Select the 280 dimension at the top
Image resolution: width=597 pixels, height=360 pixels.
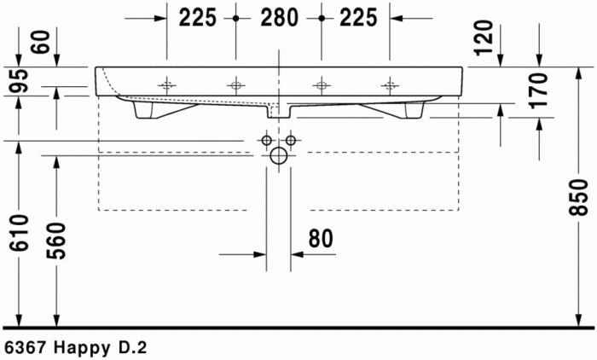(x=279, y=17)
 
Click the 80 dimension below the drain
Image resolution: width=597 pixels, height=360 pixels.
(x=320, y=239)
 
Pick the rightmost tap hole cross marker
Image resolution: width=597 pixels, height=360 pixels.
(x=391, y=84)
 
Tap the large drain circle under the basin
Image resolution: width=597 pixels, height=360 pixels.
(x=279, y=156)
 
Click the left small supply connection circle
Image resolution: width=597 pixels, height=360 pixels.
(x=267, y=140)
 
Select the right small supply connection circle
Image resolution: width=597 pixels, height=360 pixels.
(x=291, y=140)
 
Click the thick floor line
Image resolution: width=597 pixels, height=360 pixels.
(x=298, y=327)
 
